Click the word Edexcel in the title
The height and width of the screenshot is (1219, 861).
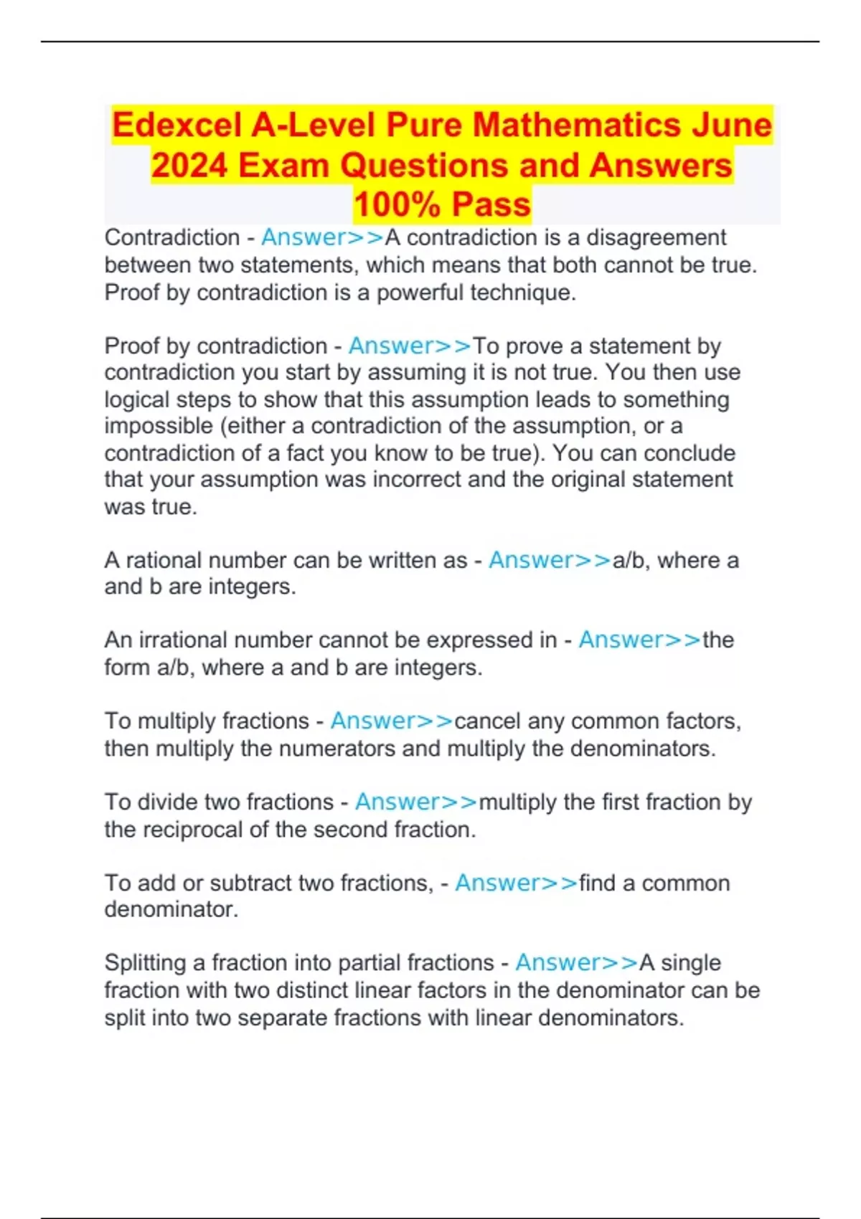pyautogui.click(x=176, y=125)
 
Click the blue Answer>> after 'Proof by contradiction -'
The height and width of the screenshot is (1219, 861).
pyautogui.click(x=410, y=346)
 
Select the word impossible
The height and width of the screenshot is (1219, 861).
pyautogui.click(x=158, y=426)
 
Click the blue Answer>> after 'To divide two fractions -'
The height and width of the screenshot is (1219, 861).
pyautogui.click(x=416, y=802)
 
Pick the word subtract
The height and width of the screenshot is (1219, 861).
pyautogui.click(x=250, y=883)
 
